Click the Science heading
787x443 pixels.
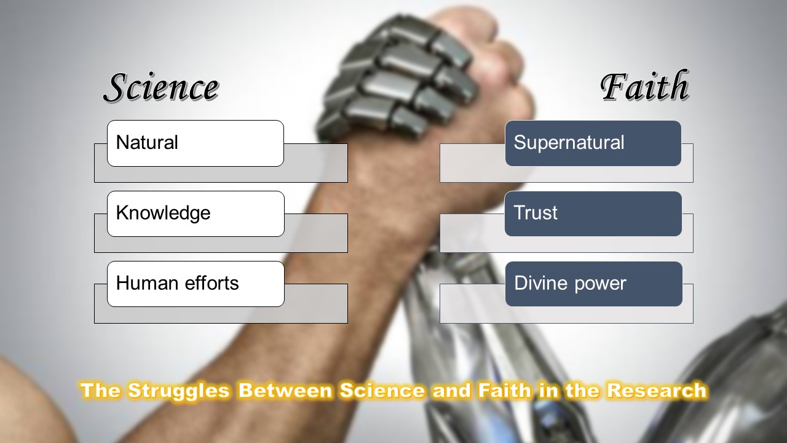click(160, 88)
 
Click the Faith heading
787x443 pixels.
click(644, 87)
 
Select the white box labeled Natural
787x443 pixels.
click(195, 143)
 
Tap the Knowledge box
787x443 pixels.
click(195, 214)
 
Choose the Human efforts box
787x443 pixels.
click(195, 284)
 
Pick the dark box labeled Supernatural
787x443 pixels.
click(593, 143)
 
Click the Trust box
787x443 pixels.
click(593, 214)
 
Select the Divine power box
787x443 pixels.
click(593, 284)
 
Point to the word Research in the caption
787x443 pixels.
click(656, 390)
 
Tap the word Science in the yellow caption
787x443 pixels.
click(375, 390)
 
